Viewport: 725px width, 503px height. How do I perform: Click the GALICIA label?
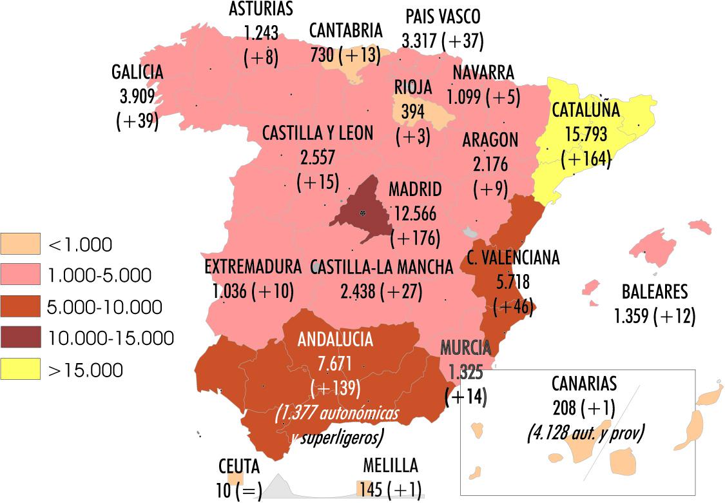[x=137, y=72]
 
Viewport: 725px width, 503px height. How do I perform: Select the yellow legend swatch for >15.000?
[x=20, y=370]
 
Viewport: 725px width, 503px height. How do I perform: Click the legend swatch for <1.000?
[x=20, y=244]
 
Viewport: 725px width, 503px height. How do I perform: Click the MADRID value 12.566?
[x=415, y=213]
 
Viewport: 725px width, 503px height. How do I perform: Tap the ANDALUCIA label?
[x=335, y=339]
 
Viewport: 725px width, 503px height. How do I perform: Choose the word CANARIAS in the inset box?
[x=584, y=384]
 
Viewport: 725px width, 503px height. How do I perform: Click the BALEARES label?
[x=654, y=292]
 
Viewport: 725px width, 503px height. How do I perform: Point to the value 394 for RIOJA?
[x=413, y=111]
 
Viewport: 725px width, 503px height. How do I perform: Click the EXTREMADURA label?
[x=253, y=267]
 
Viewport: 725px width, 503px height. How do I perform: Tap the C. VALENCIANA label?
[x=514, y=258]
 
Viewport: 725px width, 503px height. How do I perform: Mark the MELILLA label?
[x=390, y=465]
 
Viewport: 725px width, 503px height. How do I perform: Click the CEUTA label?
[x=239, y=466]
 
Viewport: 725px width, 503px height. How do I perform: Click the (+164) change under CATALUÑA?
[x=586, y=158]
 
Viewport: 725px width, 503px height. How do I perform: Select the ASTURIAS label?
[x=261, y=8]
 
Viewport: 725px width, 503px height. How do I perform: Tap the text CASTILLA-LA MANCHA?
[x=382, y=267]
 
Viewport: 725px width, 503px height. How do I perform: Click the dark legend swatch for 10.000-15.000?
[x=20, y=338]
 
